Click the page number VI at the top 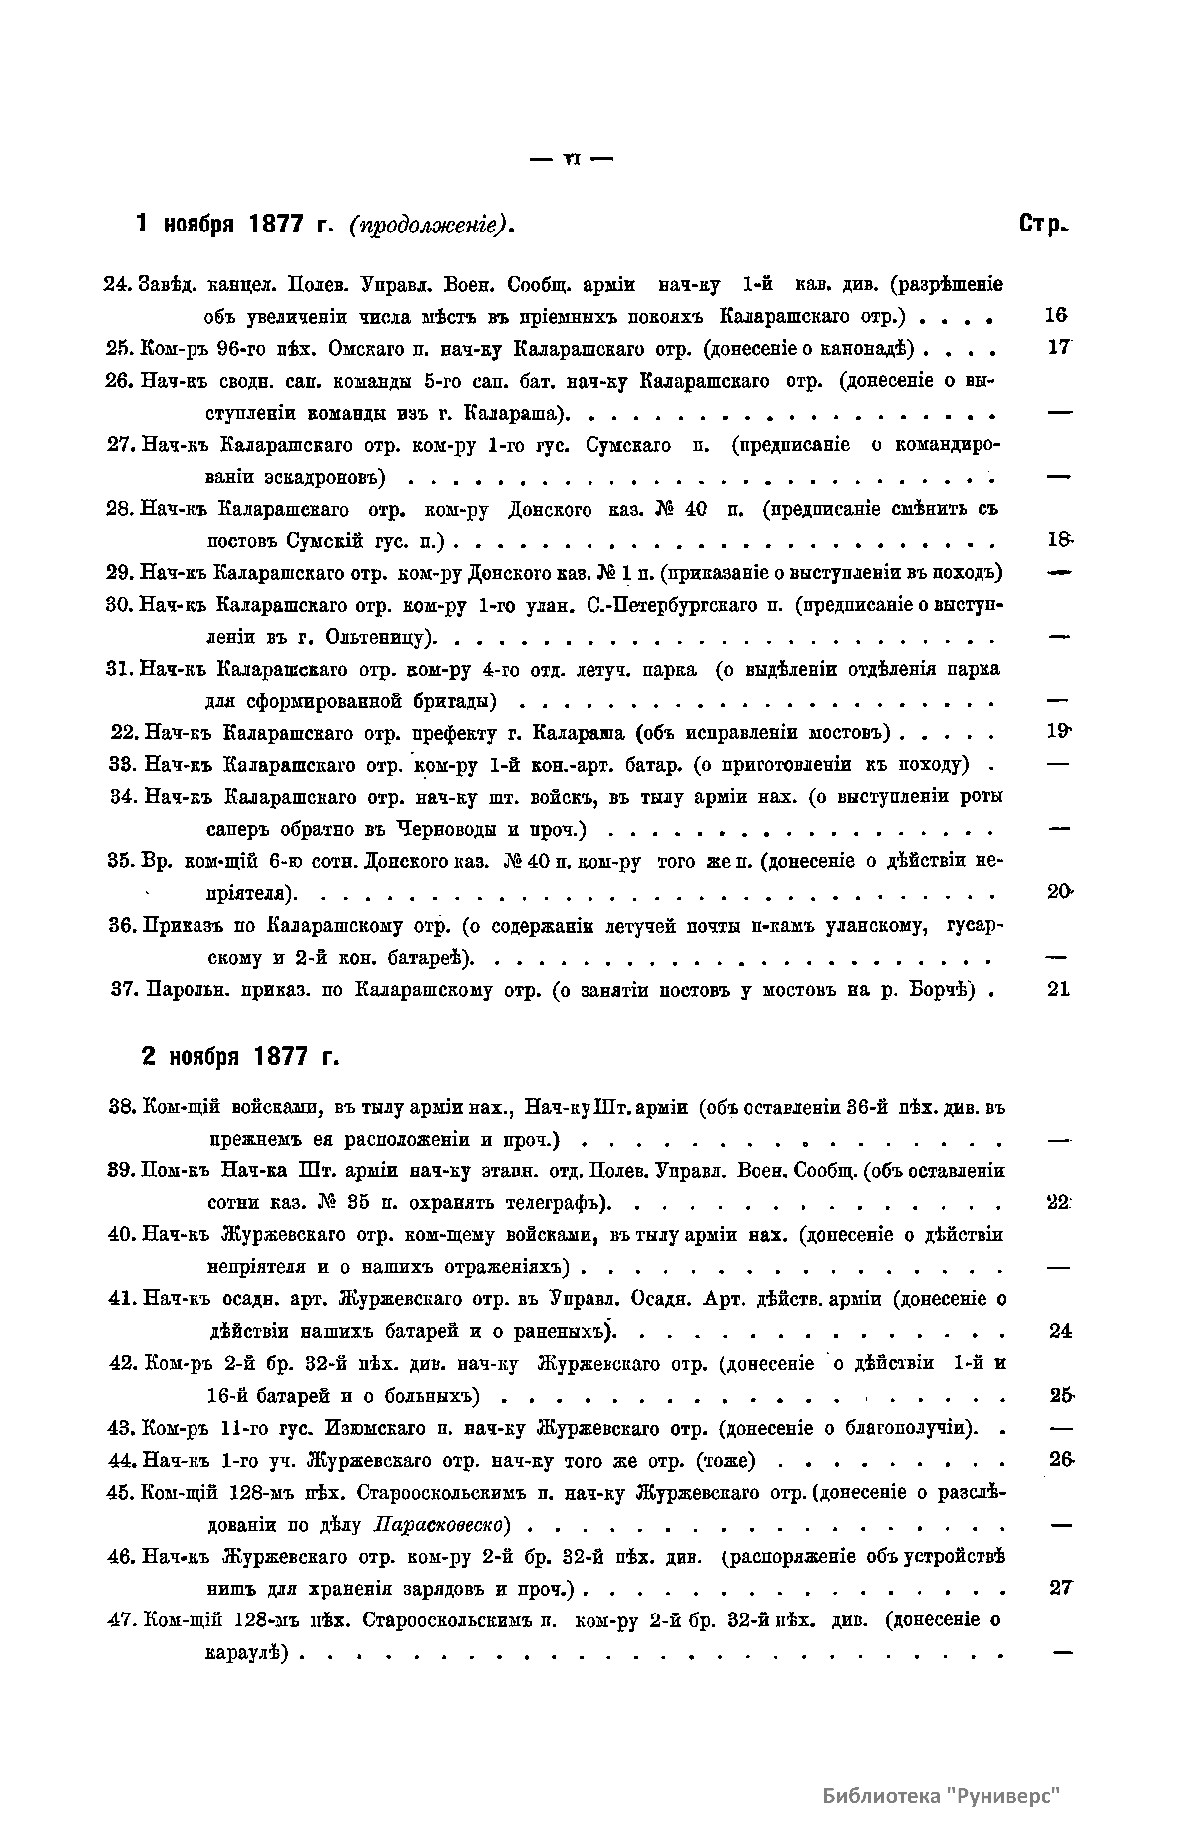click(x=573, y=158)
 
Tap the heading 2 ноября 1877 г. click(x=240, y=1056)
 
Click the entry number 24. click(x=118, y=284)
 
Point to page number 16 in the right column click(x=1056, y=316)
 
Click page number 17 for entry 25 click(x=1058, y=348)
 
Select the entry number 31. click(x=119, y=669)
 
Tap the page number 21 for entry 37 click(x=1058, y=989)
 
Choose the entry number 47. click(x=121, y=1620)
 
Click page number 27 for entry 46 click(x=1060, y=1589)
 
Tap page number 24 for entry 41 click(x=1060, y=1331)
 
